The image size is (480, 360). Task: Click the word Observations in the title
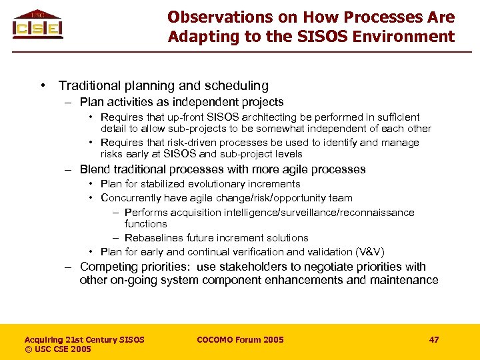(x=209, y=17)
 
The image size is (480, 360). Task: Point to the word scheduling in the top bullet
(x=237, y=85)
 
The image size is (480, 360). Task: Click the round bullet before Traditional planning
(x=43, y=85)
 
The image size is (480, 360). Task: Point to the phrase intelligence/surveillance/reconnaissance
(x=312, y=213)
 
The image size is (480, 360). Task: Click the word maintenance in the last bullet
(x=406, y=280)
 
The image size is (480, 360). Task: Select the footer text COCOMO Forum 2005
(x=240, y=339)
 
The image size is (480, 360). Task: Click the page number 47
(x=434, y=339)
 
